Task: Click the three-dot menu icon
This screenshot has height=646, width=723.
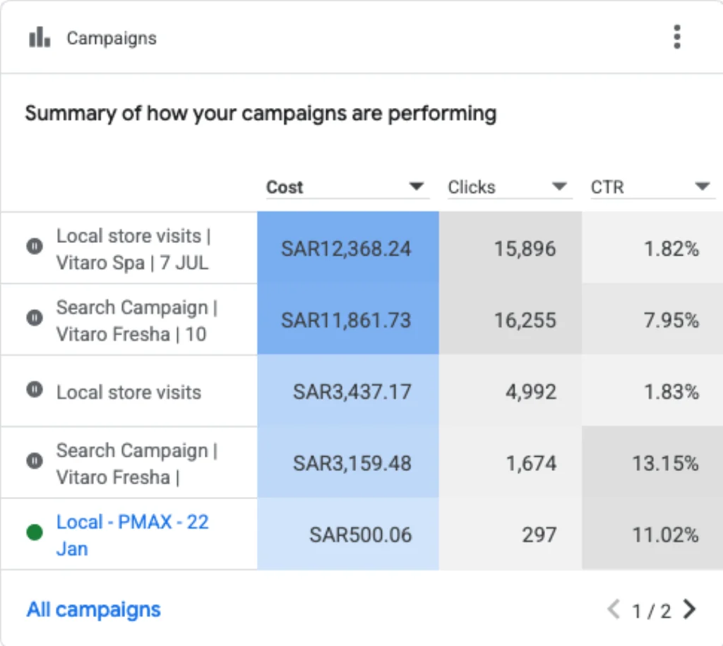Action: (x=677, y=37)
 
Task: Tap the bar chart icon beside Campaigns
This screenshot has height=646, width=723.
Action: (x=40, y=37)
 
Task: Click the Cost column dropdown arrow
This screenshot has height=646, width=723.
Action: (x=417, y=186)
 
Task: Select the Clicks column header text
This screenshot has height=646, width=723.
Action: (x=472, y=187)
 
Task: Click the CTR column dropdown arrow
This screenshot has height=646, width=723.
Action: (x=703, y=186)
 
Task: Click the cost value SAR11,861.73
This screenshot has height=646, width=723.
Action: (x=346, y=320)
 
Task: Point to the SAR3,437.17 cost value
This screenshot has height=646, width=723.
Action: (x=352, y=392)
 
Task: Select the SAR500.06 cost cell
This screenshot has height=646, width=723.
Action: (x=348, y=534)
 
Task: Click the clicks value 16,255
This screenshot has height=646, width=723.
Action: (x=525, y=320)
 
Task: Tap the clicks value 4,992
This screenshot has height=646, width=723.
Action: (x=531, y=392)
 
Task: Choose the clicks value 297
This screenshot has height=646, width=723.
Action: (x=539, y=535)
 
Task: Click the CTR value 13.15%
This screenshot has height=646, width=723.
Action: (x=665, y=463)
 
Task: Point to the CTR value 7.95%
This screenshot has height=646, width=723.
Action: (x=671, y=320)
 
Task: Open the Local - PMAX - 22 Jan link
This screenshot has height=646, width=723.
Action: (x=132, y=535)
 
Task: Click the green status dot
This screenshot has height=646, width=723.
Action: (x=35, y=532)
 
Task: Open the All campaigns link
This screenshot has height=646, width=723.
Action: (x=94, y=609)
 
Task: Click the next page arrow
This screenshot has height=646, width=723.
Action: (x=690, y=609)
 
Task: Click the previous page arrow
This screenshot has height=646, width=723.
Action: (x=614, y=609)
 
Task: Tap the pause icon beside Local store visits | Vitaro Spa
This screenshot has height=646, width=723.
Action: (x=35, y=246)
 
